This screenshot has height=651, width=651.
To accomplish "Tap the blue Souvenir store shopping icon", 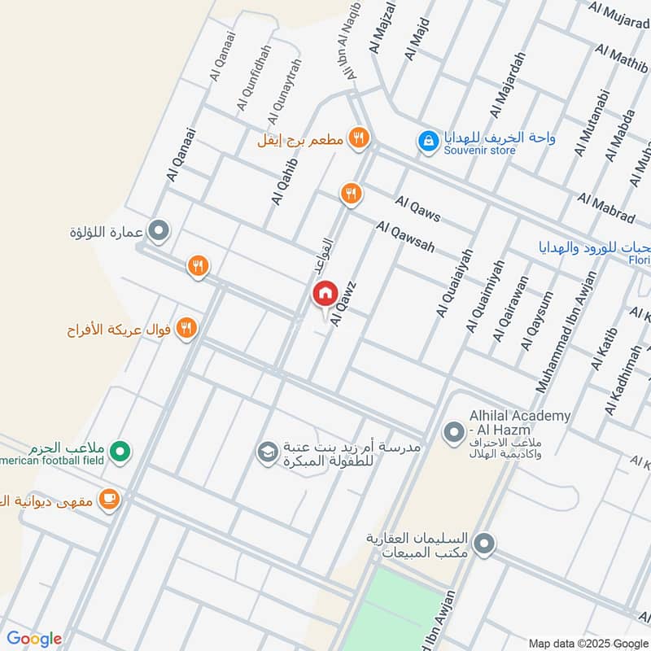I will tap(427, 141).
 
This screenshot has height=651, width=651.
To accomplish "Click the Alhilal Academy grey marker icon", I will tap(453, 431).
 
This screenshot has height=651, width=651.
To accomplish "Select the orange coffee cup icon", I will tap(109, 499).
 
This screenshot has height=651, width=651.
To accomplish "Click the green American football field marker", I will tap(120, 450).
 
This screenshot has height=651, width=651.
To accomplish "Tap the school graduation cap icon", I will tap(266, 451).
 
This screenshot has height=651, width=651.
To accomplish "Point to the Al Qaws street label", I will tap(418, 209).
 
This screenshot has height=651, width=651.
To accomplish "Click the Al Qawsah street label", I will tap(405, 237).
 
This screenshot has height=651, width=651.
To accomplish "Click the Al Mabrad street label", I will tap(606, 208).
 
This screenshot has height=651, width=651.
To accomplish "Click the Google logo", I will tap(33, 638).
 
